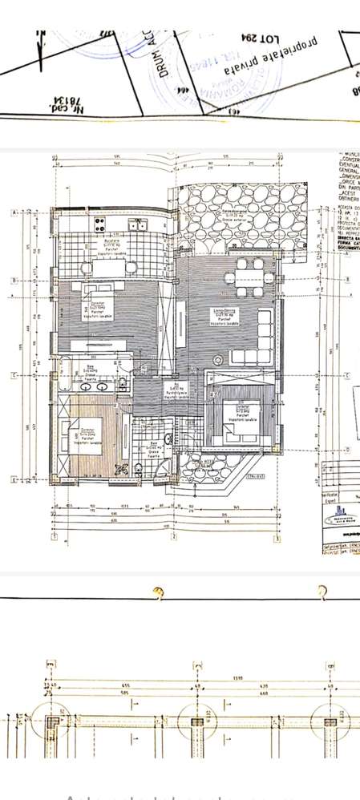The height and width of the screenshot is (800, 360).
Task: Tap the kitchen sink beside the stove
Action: point(136,224)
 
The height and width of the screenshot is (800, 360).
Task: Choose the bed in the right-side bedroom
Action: point(236,420)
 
